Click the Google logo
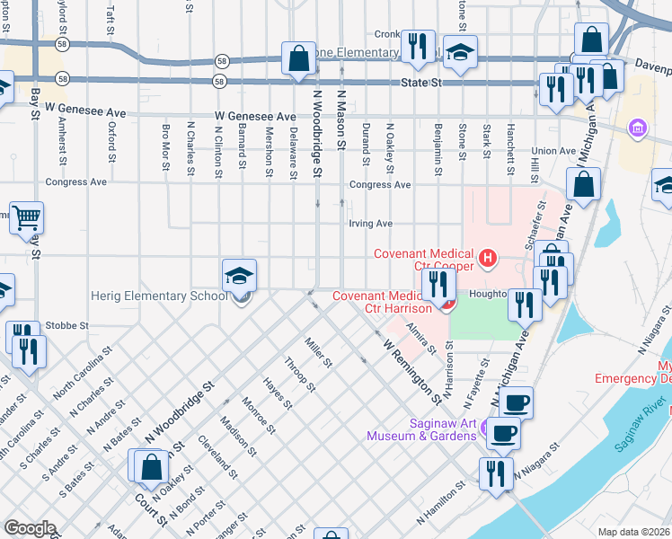29,528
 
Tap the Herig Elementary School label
160,296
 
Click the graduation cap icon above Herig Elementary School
240,274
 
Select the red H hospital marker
488,261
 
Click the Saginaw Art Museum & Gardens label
420,429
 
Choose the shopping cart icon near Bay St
27,216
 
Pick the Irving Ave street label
371,224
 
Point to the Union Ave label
552,151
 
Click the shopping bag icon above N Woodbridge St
297,58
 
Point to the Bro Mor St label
166,145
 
